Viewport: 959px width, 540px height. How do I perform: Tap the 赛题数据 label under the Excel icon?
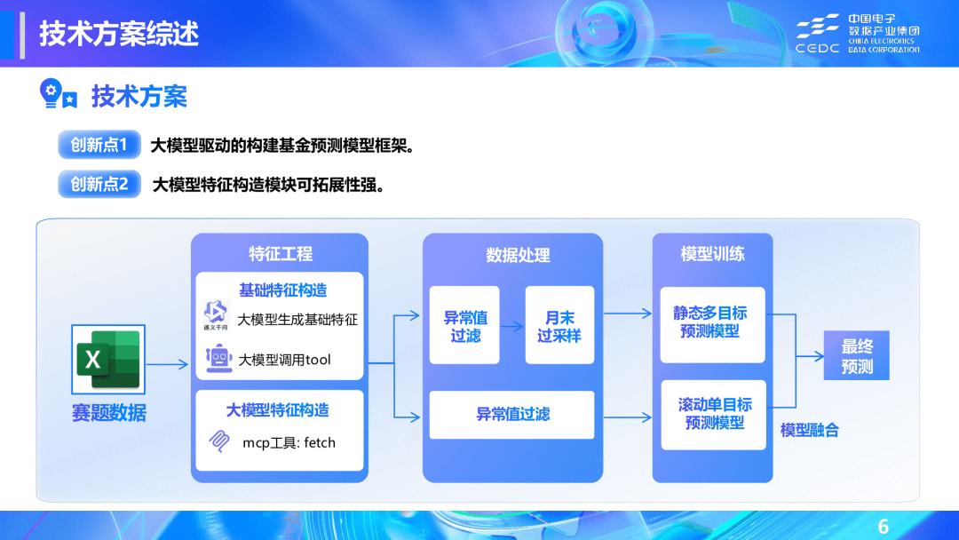(109, 413)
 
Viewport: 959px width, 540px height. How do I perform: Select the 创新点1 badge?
(99, 145)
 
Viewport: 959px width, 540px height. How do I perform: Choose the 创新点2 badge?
(99, 184)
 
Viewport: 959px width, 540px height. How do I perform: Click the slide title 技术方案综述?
(119, 34)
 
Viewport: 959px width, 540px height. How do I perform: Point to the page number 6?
(883, 524)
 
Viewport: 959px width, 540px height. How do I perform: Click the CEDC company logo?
(857, 34)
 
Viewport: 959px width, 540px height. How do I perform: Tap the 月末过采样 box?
(559, 326)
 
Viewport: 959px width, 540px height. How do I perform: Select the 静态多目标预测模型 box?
(711, 323)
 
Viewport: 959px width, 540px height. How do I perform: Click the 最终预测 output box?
(856, 355)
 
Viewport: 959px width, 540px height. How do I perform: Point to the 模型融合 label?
(809, 431)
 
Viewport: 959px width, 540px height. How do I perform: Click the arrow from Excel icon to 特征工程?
(168, 363)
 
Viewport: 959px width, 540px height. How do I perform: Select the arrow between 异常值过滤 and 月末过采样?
(512, 324)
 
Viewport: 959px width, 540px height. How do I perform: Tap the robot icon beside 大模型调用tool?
(218, 358)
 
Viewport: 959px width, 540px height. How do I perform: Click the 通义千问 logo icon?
(216, 314)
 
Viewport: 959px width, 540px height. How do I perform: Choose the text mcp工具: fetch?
(289, 442)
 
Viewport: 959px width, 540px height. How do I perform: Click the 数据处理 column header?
(518, 255)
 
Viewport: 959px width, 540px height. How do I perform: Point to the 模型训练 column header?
(712, 254)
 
